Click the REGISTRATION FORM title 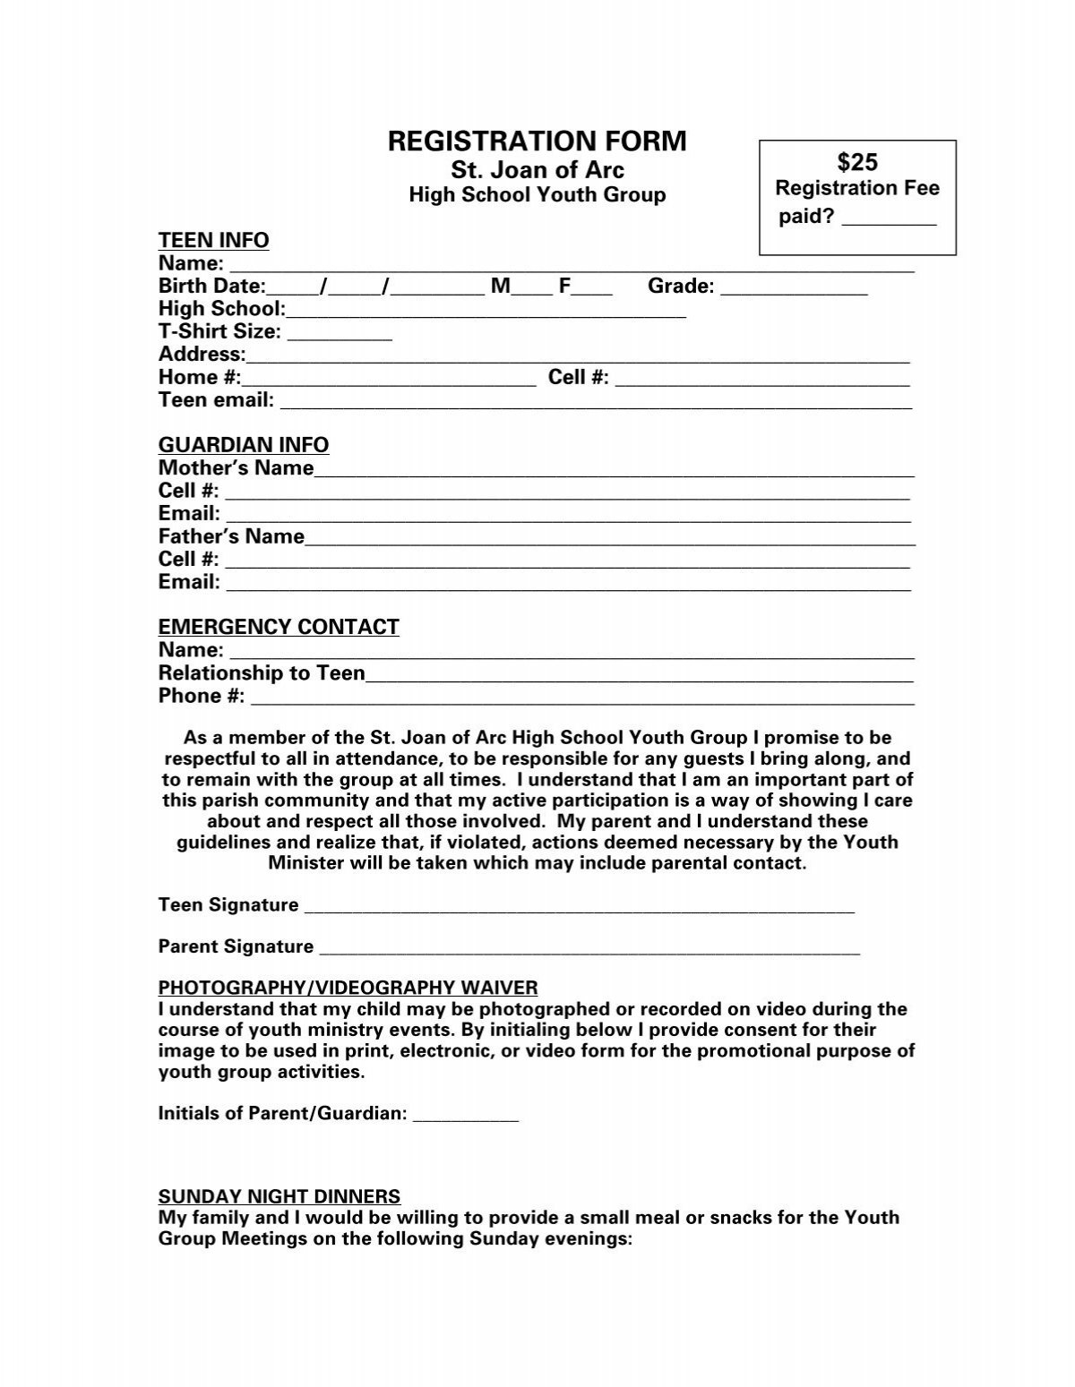[x=537, y=141]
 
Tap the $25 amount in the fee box [x=857, y=162]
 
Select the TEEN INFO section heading [x=213, y=240]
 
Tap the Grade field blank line [x=794, y=290]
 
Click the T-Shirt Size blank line [x=340, y=336]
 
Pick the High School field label [x=220, y=309]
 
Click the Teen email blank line [x=596, y=405]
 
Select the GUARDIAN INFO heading [x=244, y=445]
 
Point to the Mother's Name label [x=236, y=468]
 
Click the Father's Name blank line [x=609, y=541]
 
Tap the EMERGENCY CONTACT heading [x=279, y=627]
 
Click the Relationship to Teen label [x=262, y=673]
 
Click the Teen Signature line [x=580, y=910]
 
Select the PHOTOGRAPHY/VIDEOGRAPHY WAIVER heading [x=348, y=988]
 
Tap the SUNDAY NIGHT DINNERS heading [x=279, y=1196]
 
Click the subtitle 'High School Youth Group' [x=537, y=195]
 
